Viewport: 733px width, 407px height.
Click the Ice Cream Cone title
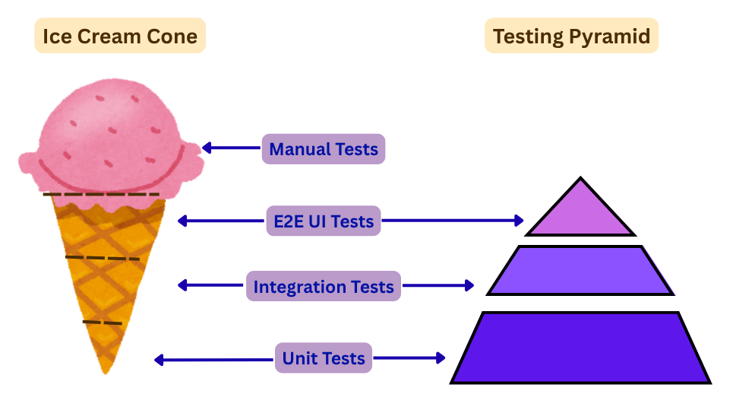pos(120,36)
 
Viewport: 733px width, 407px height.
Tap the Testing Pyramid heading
pos(571,36)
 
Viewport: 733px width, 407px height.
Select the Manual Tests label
pos(324,149)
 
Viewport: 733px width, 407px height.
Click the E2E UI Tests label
pos(323,221)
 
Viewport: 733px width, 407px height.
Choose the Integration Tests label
pos(324,287)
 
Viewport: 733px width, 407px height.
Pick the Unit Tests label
pos(324,358)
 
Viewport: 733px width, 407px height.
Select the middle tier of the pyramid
pos(580,271)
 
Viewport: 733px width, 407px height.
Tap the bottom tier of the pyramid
pos(580,348)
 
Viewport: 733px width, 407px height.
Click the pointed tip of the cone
pos(106,368)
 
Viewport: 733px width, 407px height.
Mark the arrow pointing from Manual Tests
pos(232,148)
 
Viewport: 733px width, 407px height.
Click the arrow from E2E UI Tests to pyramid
pos(452,221)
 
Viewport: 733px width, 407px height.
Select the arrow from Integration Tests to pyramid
pos(438,286)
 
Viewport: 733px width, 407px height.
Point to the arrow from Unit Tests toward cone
pos(213,359)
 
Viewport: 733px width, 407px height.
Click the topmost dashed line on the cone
pos(101,195)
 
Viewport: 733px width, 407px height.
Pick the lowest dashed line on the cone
pos(102,323)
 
